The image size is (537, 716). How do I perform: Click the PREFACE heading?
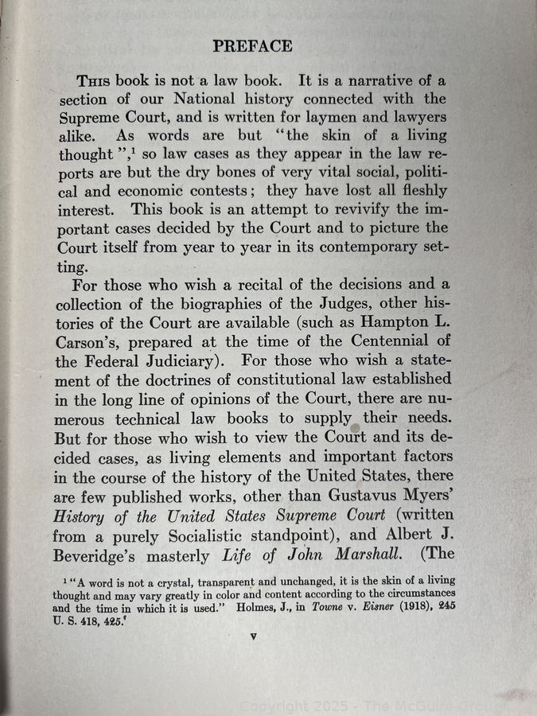tap(252, 46)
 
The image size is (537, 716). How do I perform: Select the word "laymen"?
tap(315, 118)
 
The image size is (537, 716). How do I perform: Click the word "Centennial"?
tap(374, 341)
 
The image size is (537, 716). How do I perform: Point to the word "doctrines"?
tap(167, 379)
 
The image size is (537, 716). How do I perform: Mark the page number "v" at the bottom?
tap(252, 636)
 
